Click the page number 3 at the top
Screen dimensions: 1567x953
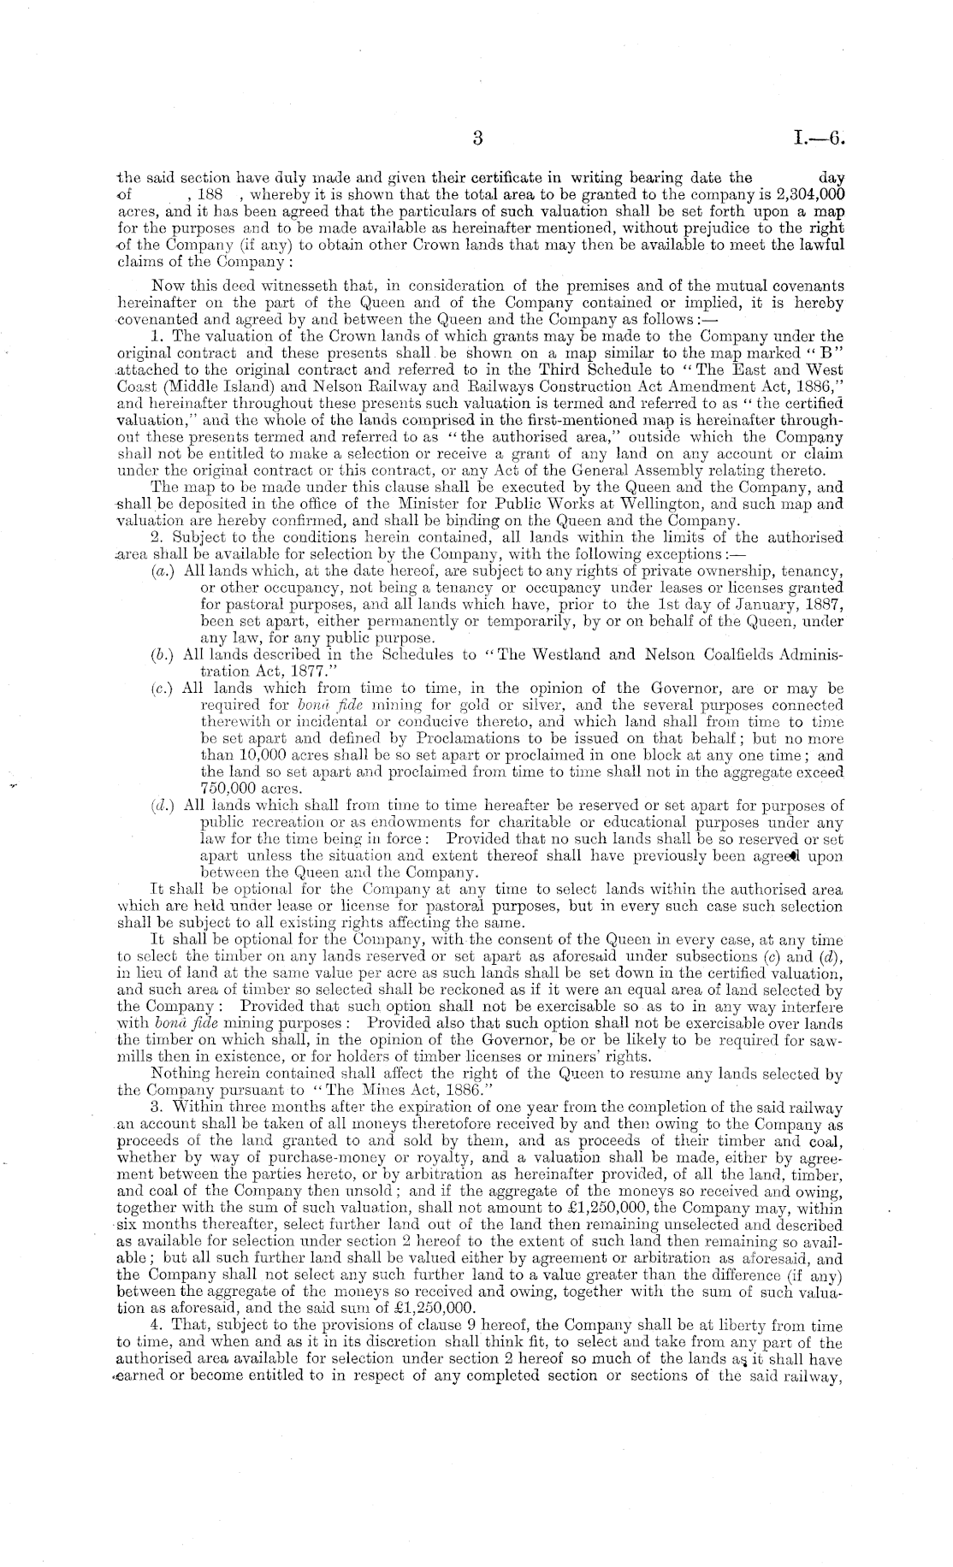point(477,138)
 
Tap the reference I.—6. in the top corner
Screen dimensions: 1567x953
point(819,138)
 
